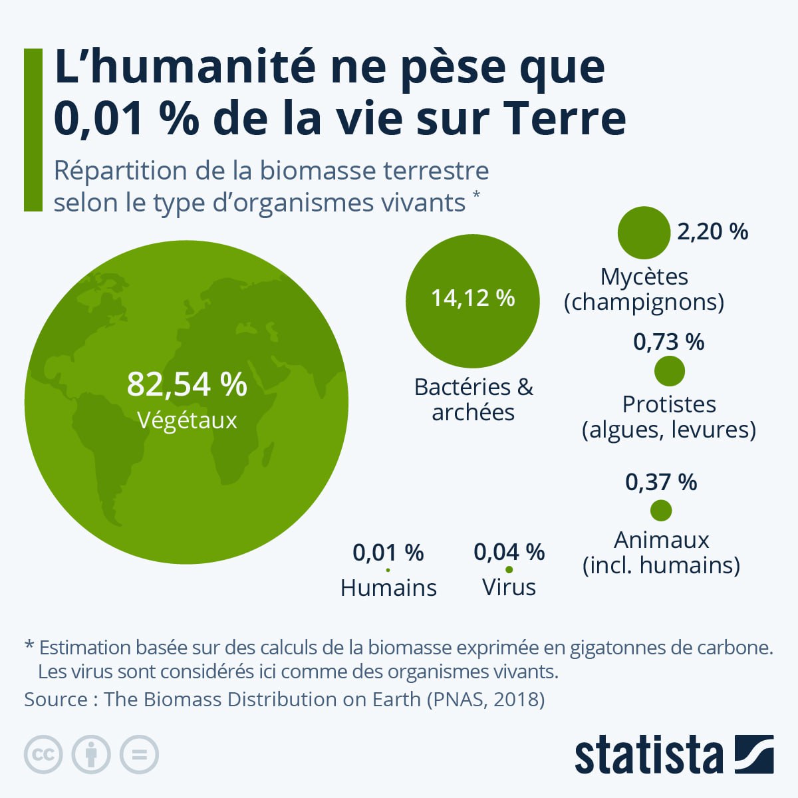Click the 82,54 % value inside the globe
pos(187,384)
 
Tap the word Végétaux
pos(187,420)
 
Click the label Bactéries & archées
pos(473,399)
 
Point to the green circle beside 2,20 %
pos(643,233)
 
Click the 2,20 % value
pos(712,232)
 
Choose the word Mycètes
pos(644,277)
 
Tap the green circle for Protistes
pos(669,371)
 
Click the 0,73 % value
pos(668,342)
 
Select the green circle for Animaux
pos(660,511)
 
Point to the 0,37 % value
pos(660,482)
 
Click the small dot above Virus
pos(509,570)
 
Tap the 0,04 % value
pos(509,552)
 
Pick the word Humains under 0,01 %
pos(388,588)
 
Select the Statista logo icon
pos(754,754)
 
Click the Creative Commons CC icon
pos(43,755)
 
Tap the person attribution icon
pos(91,755)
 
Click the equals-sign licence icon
pos(139,755)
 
